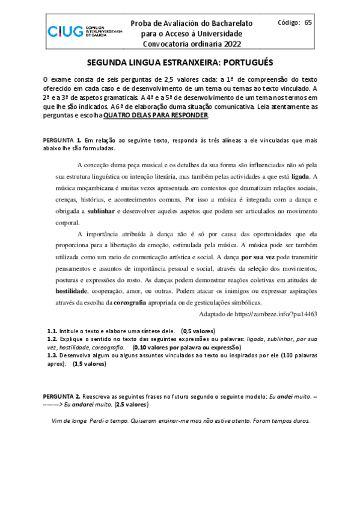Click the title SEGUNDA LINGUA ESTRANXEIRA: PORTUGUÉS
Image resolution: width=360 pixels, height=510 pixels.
click(x=180, y=62)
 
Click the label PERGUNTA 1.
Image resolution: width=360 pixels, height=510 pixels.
click(x=62, y=140)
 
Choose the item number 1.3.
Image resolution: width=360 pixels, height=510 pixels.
click(x=52, y=355)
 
